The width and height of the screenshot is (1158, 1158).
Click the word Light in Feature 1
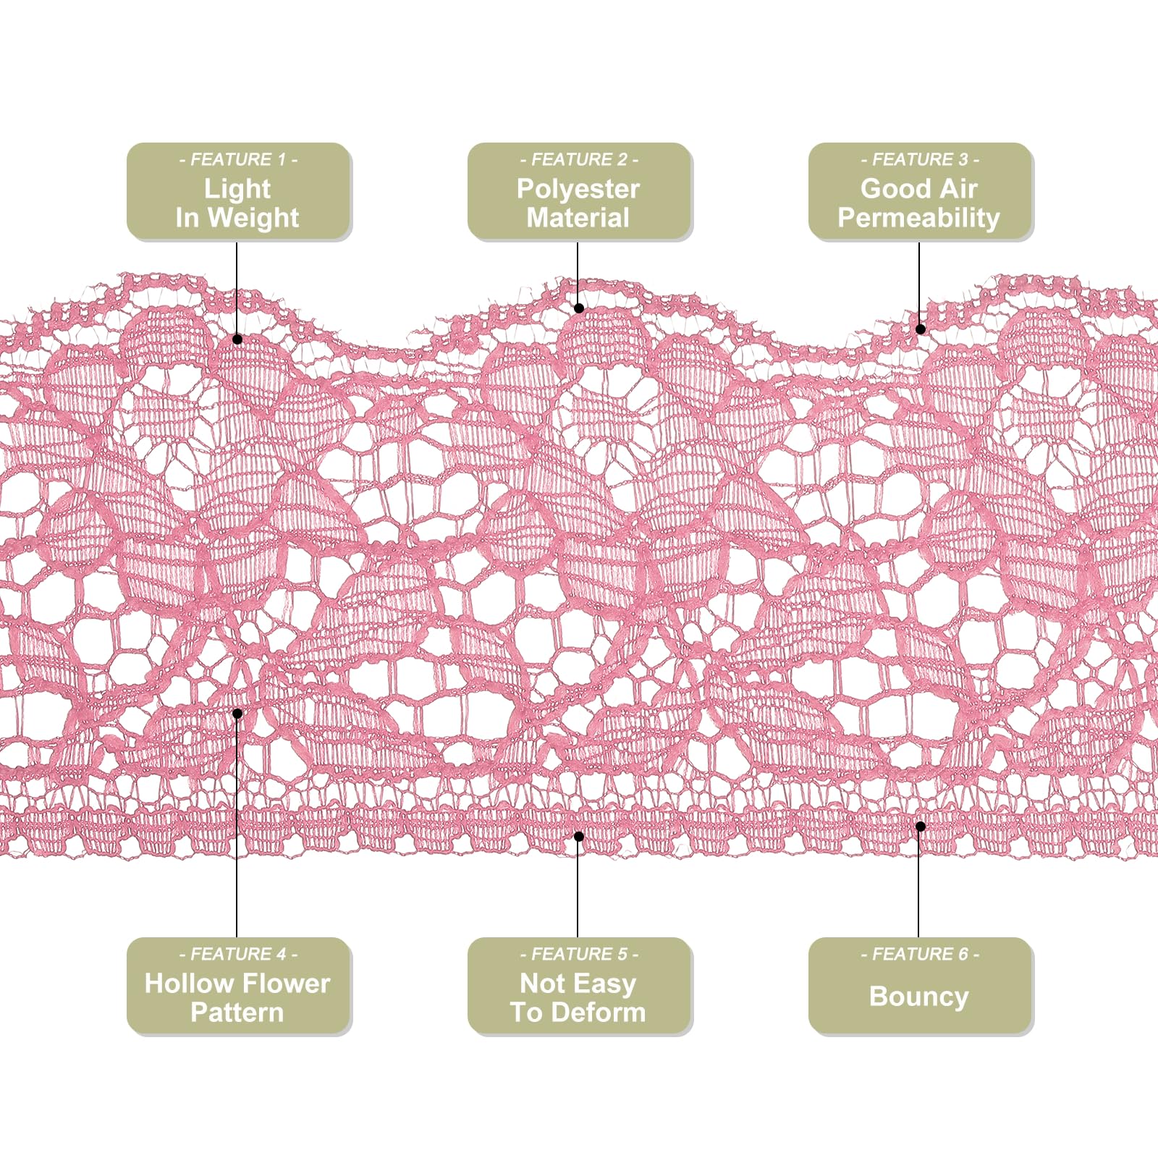(237, 189)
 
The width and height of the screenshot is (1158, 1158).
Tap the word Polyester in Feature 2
(578, 189)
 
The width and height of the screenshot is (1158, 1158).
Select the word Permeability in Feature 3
(918, 218)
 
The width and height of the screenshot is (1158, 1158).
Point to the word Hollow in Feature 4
(186, 983)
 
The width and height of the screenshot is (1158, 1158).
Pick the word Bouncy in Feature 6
(918, 997)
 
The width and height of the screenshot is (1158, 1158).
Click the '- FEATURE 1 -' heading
(238, 159)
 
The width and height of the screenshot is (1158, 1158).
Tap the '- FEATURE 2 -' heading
(579, 159)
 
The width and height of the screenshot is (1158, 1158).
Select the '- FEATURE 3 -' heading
(920, 159)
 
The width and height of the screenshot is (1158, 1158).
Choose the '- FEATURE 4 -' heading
(238, 954)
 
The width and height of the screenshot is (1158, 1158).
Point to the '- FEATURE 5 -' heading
(579, 954)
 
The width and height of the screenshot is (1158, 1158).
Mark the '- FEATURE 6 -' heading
(920, 954)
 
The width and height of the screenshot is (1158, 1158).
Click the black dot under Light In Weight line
(237, 339)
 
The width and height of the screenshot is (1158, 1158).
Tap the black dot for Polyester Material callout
(579, 308)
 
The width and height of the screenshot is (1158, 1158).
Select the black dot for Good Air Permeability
(921, 329)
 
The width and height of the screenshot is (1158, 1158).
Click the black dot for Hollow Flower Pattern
(237, 714)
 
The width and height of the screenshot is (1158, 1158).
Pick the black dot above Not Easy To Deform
(579, 837)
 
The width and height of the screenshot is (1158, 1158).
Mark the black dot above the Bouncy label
(921, 827)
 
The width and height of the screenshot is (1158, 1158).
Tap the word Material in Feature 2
(578, 218)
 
